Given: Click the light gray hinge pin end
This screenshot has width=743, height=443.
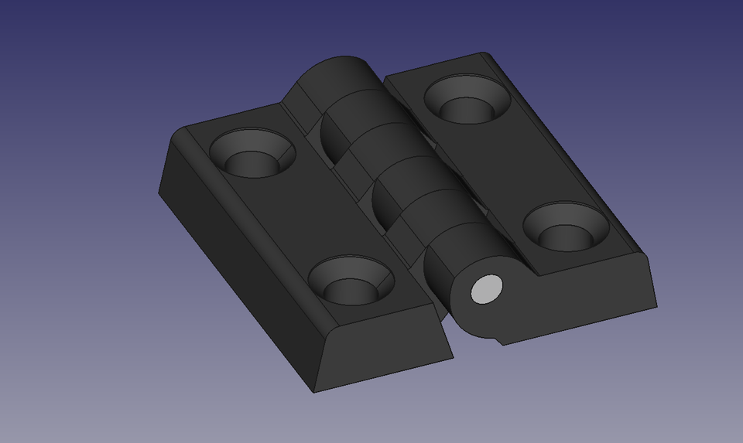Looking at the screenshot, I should (x=487, y=289).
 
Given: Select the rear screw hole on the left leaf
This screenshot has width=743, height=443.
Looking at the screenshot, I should (x=252, y=153).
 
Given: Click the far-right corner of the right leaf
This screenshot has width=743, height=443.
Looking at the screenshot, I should (x=656, y=305).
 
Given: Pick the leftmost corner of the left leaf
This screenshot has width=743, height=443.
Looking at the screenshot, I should (x=159, y=193).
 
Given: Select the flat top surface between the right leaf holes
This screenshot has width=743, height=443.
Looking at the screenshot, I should (x=515, y=162).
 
